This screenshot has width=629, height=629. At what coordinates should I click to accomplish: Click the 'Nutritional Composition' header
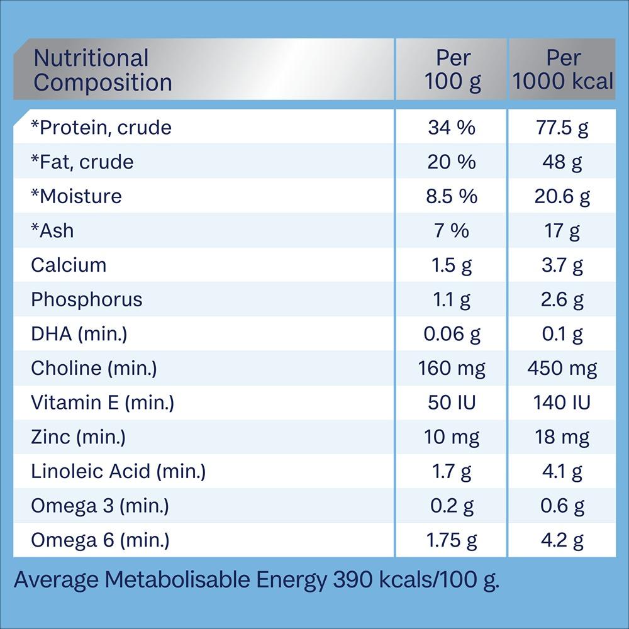pos(103,70)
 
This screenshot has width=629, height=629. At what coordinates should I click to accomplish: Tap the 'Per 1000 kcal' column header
pos(563,70)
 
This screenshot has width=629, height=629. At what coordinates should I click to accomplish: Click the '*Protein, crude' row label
pos(101,128)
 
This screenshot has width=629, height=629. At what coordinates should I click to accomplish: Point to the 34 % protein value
pos(452,128)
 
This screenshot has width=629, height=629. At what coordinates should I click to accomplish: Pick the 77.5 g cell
pos(563,128)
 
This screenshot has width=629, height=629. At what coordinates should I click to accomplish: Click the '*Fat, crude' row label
pos(82,162)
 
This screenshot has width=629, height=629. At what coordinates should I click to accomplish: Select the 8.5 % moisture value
pos(452,196)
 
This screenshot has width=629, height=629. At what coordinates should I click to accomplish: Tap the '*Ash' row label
pos(52,231)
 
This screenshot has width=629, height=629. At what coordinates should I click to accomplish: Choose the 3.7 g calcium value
pos(563,265)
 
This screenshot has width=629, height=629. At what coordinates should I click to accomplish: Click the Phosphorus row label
pos(86,299)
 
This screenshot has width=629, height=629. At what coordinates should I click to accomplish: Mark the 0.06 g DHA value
pos(452,333)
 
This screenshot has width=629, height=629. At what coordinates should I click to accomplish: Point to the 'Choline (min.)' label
pos(94,368)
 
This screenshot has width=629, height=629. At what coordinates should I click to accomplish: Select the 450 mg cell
pos(563,368)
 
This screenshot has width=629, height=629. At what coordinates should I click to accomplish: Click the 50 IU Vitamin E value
pos(452,402)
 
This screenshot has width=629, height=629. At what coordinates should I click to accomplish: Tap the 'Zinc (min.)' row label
pos(78,437)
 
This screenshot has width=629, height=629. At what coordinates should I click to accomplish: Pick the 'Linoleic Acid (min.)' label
pos(118,470)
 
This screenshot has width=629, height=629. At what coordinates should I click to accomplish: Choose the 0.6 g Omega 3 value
pos(563,505)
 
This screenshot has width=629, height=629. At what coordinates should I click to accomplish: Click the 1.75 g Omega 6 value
pos(452,539)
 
